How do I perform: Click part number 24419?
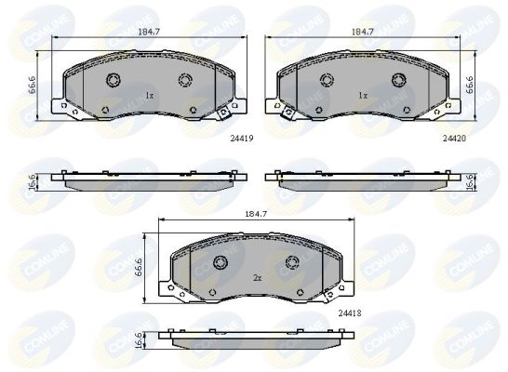242,139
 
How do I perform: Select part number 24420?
454,139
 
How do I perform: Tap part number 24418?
350,313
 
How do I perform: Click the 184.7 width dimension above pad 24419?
150,32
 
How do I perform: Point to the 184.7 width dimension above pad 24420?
363,32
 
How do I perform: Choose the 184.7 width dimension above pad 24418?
256,214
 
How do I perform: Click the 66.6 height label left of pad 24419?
32,86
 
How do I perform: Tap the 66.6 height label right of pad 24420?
470,85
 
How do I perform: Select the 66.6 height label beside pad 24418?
139,267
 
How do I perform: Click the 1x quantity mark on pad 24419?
149,96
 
